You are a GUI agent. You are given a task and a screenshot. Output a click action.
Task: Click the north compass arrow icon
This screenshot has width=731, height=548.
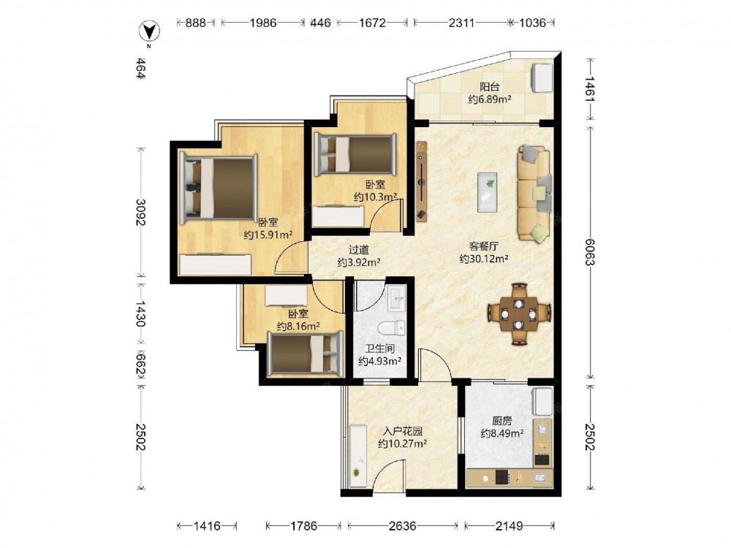[x=150, y=31]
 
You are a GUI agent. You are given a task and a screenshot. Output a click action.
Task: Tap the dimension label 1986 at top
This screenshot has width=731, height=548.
[x=263, y=23]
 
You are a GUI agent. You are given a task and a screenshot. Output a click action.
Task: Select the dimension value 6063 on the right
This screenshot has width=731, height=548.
[x=590, y=251]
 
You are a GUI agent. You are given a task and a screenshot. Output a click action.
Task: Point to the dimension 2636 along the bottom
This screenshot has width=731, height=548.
[x=402, y=526]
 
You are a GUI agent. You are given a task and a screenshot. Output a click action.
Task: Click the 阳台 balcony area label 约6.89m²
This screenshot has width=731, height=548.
[x=490, y=99]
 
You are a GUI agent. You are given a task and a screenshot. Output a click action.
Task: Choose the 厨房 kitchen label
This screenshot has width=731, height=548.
[x=501, y=421]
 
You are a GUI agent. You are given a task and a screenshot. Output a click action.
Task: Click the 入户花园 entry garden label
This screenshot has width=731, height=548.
[x=402, y=431]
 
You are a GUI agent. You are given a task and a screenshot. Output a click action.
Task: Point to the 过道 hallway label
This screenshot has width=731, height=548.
[x=358, y=250]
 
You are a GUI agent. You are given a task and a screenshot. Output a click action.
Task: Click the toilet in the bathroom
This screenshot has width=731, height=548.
[x=392, y=328]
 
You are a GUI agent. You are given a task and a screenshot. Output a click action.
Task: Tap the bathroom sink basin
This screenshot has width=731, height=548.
[x=397, y=298]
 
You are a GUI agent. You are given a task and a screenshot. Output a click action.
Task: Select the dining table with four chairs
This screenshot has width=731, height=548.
[x=519, y=313]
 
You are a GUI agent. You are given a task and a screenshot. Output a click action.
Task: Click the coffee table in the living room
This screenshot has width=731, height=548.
[x=487, y=192]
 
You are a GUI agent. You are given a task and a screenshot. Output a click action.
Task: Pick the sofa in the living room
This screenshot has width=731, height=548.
[x=534, y=194]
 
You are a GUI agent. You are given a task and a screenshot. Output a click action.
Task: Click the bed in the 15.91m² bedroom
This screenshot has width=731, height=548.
[x=219, y=187]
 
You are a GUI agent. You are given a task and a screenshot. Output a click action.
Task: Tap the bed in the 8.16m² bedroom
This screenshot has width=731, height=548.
[x=306, y=354]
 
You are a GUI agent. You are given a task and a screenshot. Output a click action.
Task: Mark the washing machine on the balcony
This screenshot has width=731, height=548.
[x=541, y=77]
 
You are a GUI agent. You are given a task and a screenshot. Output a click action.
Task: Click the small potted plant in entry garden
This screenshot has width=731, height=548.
[x=357, y=473]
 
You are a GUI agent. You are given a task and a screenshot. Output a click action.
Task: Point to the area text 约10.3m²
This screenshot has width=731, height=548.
[x=375, y=197]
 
